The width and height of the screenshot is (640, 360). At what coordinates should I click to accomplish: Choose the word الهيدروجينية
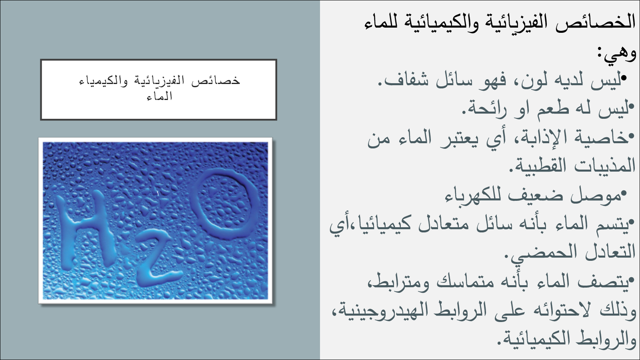[x=375, y=310]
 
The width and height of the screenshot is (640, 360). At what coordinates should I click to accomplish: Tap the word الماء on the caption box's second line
[x=159, y=96]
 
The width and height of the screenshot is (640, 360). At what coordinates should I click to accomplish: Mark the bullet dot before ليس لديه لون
[x=624, y=78]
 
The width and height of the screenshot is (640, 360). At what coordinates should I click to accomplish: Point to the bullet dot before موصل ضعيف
[x=624, y=194]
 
